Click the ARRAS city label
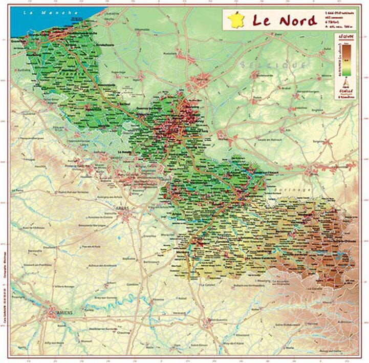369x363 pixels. click(123, 209)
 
